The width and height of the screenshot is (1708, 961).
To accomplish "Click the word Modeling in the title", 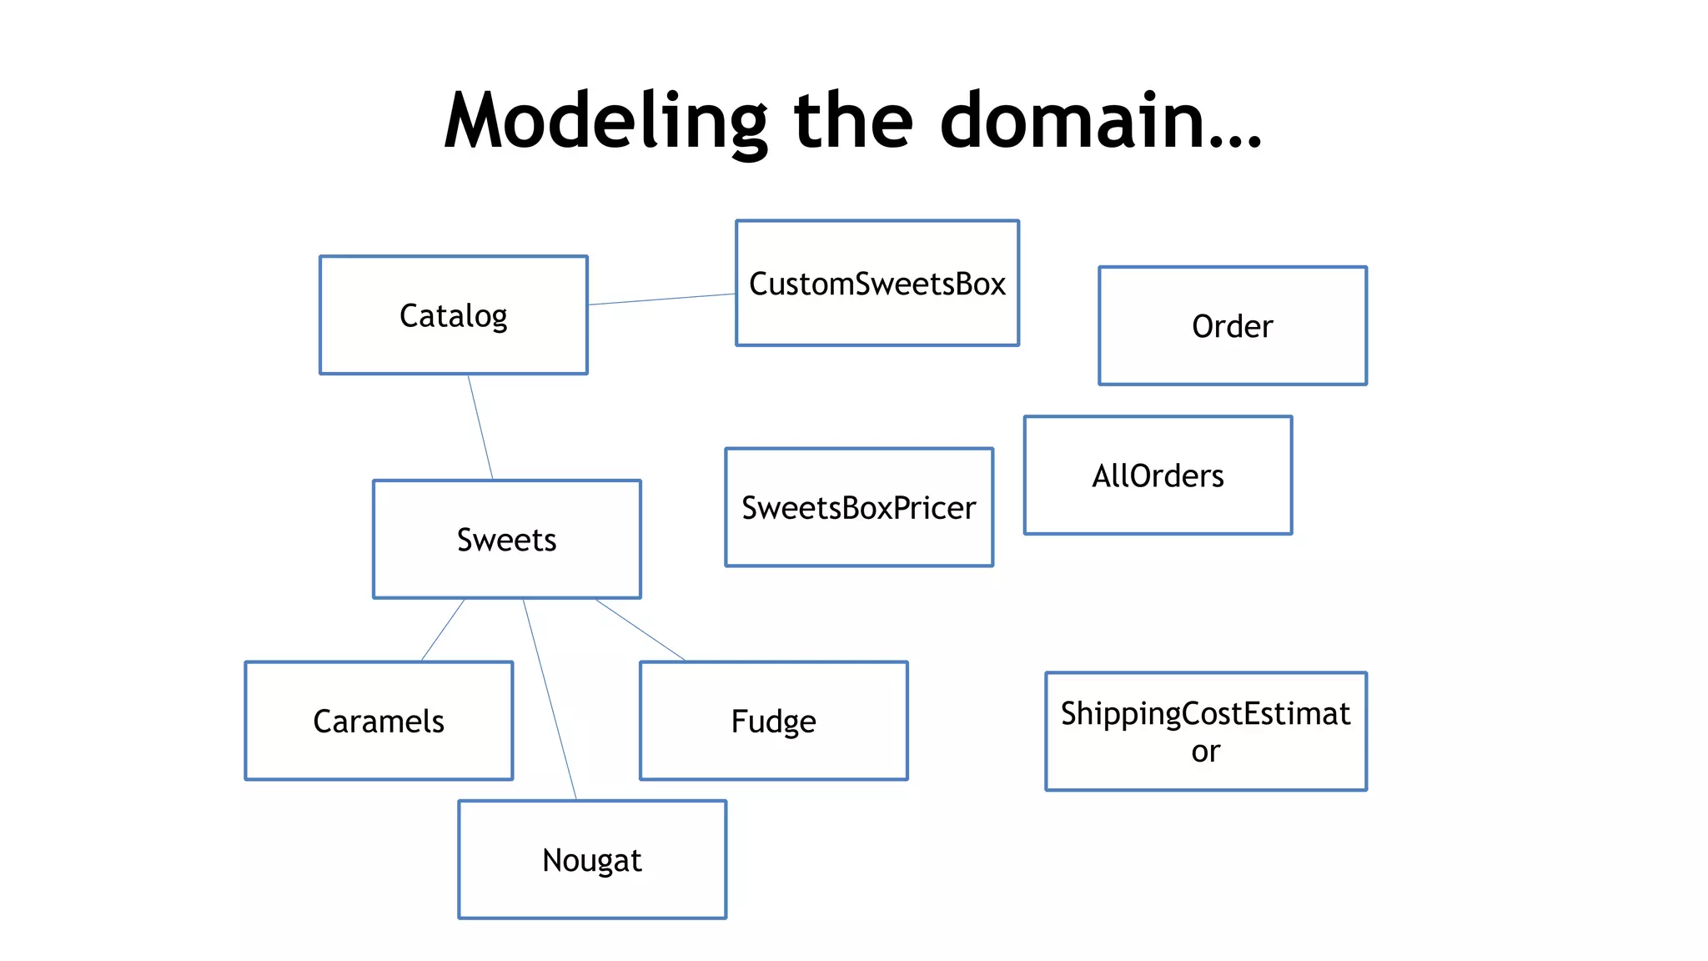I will click(x=604, y=122).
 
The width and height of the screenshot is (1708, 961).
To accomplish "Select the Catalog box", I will click(x=453, y=315).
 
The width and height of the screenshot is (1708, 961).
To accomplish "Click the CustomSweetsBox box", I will click(x=877, y=284).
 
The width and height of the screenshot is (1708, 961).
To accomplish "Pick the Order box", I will click(x=1232, y=326).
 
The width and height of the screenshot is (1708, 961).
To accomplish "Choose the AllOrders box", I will click(x=1158, y=475).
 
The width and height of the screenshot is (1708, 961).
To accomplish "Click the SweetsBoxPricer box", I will click(x=858, y=507).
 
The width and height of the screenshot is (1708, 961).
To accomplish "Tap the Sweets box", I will click(x=506, y=540).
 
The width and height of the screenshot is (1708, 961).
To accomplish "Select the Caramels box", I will click(x=379, y=721).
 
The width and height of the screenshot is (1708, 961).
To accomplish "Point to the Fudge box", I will click(x=773, y=721).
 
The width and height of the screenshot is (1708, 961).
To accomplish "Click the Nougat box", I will click(x=591, y=860).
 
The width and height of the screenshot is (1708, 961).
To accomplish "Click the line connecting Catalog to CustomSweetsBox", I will click(x=661, y=299).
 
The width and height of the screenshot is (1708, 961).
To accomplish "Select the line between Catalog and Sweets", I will click(x=480, y=427).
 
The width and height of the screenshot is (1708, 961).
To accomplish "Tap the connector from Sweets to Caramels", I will click(x=443, y=630).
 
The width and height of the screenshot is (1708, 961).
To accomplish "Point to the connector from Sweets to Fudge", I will click(x=640, y=630).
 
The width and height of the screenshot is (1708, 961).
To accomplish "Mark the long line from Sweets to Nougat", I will click(x=550, y=699).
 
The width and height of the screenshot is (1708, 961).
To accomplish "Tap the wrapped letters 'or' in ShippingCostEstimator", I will click(x=1205, y=752).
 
